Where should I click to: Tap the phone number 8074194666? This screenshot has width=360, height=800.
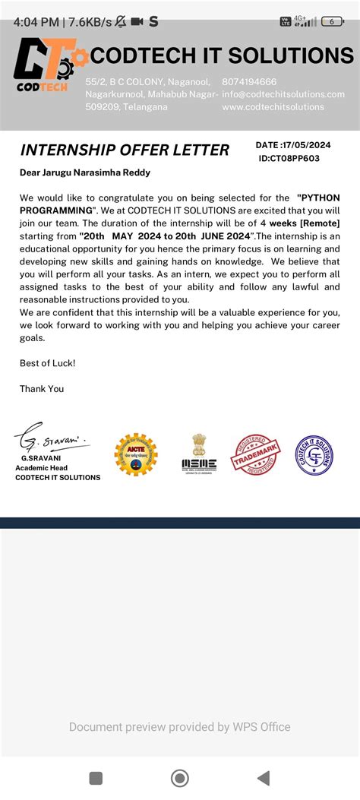pyautogui.click(x=249, y=81)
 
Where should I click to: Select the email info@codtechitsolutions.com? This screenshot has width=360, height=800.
pyautogui.click(x=283, y=94)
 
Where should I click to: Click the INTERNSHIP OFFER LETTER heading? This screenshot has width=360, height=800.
pyautogui.click(x=125, y=150)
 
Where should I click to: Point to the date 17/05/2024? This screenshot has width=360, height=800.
pyautogui.click(x=306, y=145)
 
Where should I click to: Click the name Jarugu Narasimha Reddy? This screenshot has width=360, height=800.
pyautogui.click(x=97, y=172)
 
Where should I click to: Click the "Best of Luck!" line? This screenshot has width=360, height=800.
pyautogui.click(x=47, y=363)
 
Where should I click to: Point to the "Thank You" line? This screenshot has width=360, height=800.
pyautogui.click(x=42, y=388)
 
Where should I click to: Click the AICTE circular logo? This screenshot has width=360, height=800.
pyautogui.click(x=136, y=454)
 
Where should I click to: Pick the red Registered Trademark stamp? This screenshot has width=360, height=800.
pyautogui.click(x=256, y=455)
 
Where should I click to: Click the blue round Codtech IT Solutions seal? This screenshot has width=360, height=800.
pyautogui.click(x=314, y=454)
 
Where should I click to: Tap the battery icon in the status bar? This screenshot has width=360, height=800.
pyautogui.click(x=333, y=22)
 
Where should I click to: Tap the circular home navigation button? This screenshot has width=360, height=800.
pyautogui.click(x=180, y=778)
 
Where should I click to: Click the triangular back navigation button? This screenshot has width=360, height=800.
pyautogui.click(x=264, y=778)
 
